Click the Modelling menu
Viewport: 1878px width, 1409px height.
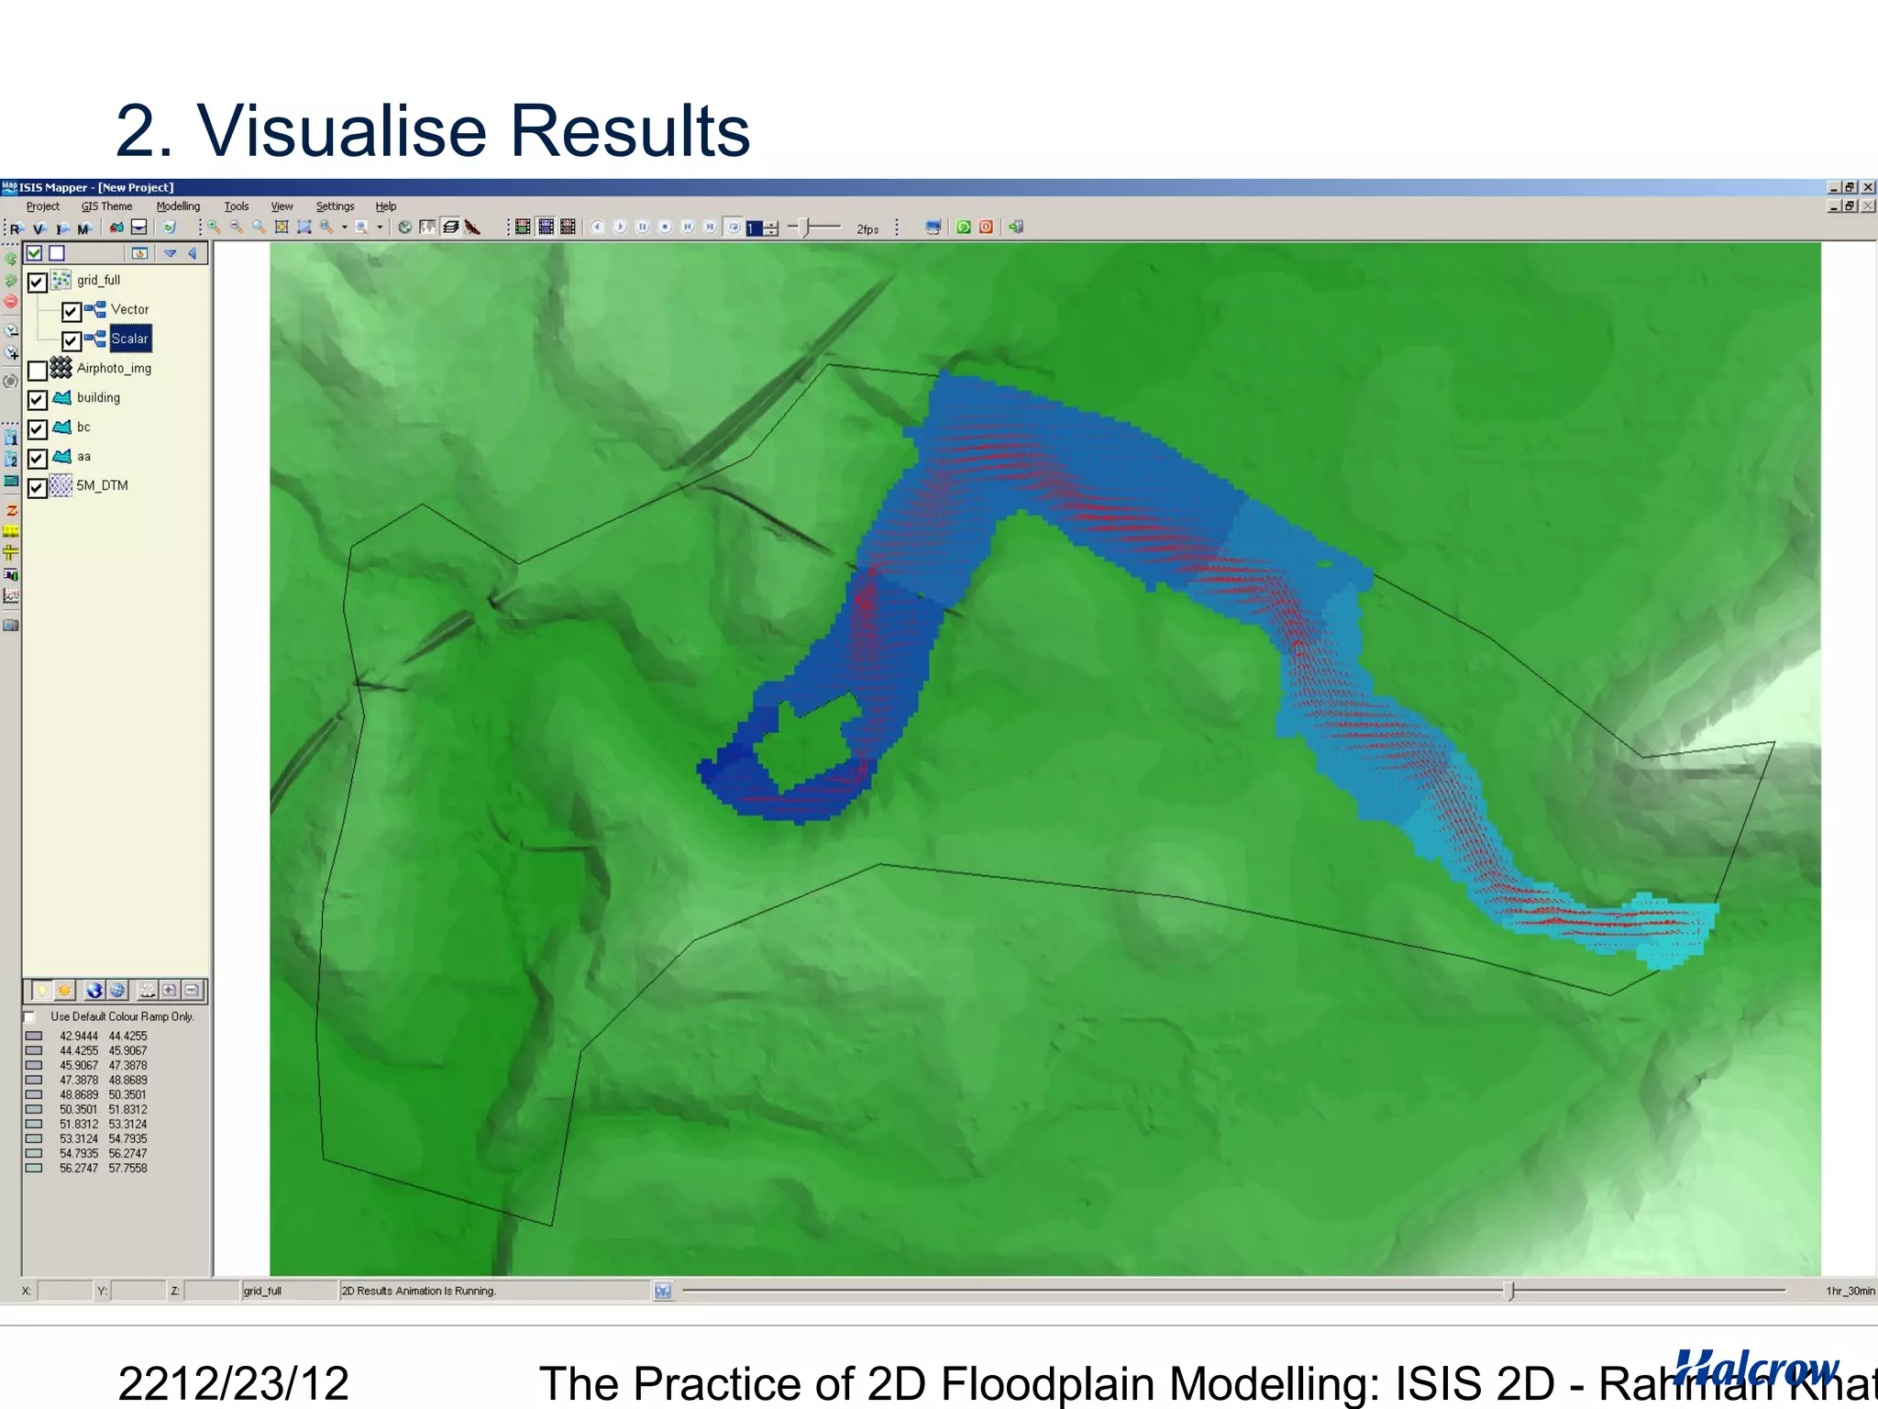point(178,206)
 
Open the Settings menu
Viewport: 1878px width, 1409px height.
point(335,206)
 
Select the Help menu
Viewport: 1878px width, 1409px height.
point(386,206)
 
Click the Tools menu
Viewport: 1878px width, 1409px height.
point(237,206)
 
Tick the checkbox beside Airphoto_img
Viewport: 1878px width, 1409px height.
point(38,371)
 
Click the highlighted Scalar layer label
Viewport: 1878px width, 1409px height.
point(129,338)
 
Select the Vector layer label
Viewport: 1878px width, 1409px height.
point(129,309)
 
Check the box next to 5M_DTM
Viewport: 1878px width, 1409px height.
point(38,488)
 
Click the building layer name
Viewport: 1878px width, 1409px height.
point(98,397)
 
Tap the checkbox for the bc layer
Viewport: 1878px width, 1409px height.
point(38,429)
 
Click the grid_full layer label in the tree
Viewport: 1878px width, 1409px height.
point(98,280)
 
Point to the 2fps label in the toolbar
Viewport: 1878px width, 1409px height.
point(867,229)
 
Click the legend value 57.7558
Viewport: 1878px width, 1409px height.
point(127,1168)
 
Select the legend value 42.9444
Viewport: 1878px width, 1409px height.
point(79,1036)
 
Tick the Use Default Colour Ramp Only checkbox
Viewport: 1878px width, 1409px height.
point(30,1017)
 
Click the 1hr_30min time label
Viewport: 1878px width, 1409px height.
point(1850,1291)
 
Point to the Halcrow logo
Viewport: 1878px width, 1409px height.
point(1756,1368)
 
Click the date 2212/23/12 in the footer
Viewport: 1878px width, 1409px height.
point(234,1382)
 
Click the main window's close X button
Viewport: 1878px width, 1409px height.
point(1868,187)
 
